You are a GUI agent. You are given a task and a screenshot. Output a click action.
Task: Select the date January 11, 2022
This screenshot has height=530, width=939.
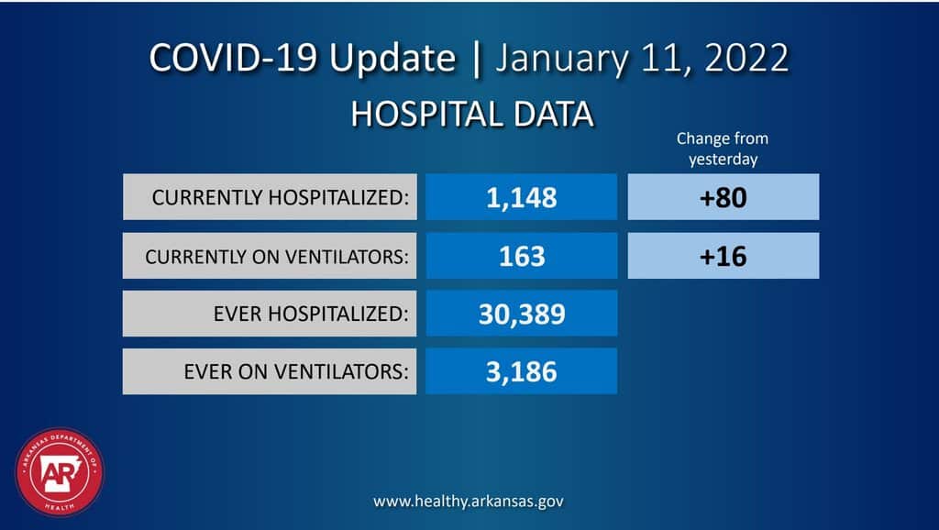642,59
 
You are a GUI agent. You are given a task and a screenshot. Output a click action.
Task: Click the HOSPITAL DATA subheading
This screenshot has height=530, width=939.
471,116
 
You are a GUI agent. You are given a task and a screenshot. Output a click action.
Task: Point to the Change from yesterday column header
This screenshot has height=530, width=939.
723,149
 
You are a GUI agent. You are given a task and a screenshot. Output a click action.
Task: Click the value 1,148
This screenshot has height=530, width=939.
521,197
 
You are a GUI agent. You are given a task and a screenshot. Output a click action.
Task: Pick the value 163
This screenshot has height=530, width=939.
521,256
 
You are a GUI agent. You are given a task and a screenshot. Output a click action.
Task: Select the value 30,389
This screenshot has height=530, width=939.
521,315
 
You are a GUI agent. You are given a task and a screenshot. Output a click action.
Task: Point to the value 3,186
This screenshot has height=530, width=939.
521,371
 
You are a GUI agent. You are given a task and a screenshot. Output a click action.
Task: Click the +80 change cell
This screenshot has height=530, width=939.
723,197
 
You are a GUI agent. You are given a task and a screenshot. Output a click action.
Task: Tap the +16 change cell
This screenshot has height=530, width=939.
723,256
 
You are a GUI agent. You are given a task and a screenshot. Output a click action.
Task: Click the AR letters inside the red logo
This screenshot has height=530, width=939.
55,473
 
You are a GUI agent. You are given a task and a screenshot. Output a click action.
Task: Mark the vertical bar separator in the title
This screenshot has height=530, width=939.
476,59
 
